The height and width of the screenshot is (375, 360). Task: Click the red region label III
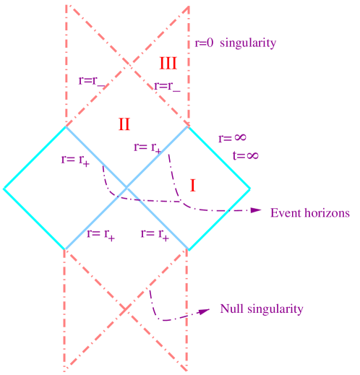(x=168, y=64)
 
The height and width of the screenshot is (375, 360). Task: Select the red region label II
(x=124, y=124)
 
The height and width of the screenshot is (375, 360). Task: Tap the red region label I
(x=193, y=186)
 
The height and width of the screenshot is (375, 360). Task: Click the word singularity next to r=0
(x=248, y=43)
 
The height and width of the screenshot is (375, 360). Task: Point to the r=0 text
(x=205, y=43)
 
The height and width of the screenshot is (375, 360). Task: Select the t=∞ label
(x=245, y=155)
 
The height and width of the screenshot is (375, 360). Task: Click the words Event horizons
(x=309, y=213)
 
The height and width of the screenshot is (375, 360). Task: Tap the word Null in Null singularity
(x=233, y=309)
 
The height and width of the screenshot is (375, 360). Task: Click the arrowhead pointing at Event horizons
(x=257, y=211)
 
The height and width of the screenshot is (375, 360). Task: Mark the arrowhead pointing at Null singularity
(x=205, y=312)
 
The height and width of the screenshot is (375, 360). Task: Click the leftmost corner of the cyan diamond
(x=4, y=189)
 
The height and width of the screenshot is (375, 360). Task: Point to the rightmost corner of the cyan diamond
(x=250, y=189)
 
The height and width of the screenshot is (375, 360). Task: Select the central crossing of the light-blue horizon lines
(x=127, y=189)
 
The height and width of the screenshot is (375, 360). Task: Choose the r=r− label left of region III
(x=91, y=82)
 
